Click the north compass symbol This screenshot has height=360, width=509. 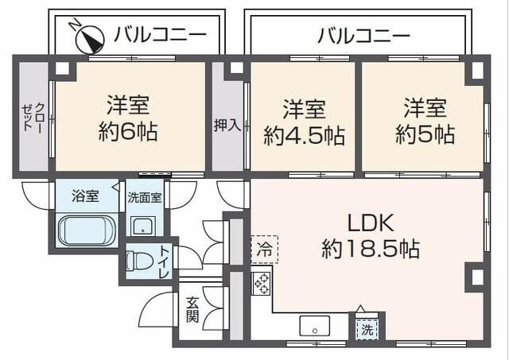point(87,34)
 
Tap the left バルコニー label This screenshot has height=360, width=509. point(160,35)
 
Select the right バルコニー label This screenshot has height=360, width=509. point(364,35)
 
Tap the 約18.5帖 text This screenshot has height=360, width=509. point(371,249)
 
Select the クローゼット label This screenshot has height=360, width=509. point(31,117)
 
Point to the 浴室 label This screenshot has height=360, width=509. point(84,196)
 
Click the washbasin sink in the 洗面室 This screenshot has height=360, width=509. point(144,226)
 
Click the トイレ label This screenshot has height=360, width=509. point(163,262)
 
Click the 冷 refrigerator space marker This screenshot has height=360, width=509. point(263,249)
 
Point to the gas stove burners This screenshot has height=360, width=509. point(262,284)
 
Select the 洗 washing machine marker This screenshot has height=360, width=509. point(367,327)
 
